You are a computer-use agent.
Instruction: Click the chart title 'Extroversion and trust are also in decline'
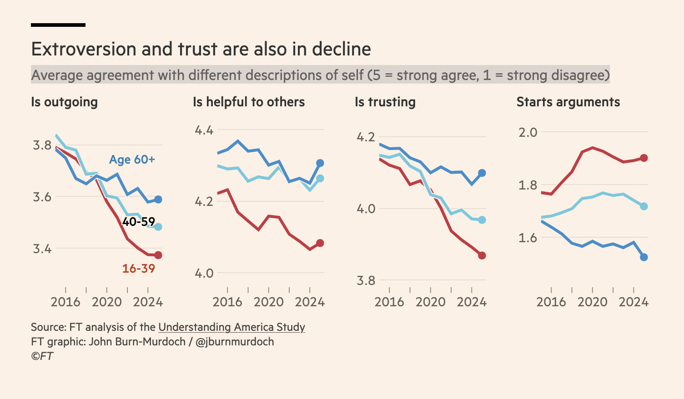(x=201, y=49)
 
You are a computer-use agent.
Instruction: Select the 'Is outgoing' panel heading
(x=64, y=102)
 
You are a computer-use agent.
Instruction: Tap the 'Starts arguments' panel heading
(x=568, y=102)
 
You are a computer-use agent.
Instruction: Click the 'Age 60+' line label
(x=132, y=160)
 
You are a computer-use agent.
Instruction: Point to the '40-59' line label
(x=138, y=222)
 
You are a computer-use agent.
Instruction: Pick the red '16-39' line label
(x=138, y=269)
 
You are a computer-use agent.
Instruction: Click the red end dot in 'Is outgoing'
(x=158, y=255)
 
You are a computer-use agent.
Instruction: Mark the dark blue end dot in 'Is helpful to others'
(x=320, y=163)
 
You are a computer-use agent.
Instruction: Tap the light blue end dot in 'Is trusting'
(x=482, y=220)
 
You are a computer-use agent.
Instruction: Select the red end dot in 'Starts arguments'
(x=644, y=158)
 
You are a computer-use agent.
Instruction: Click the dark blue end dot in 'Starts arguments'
(x=644, y=257)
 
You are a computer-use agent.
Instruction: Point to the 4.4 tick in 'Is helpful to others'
(x=204, y=130)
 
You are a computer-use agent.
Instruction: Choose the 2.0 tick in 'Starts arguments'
(x=528, y=132)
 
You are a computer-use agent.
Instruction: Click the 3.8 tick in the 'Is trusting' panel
(x=366, y=280)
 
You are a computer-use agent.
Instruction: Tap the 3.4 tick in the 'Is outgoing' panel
(x=42, y=249)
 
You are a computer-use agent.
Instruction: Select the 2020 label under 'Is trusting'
(x=430, y=302)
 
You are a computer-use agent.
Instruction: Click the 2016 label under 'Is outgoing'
(x=65, y=302)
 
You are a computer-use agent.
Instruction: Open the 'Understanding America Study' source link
(x=231, y=327)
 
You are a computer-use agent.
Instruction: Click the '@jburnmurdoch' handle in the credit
(x=235, y=342)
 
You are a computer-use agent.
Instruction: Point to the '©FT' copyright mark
(x=42, y=356)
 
